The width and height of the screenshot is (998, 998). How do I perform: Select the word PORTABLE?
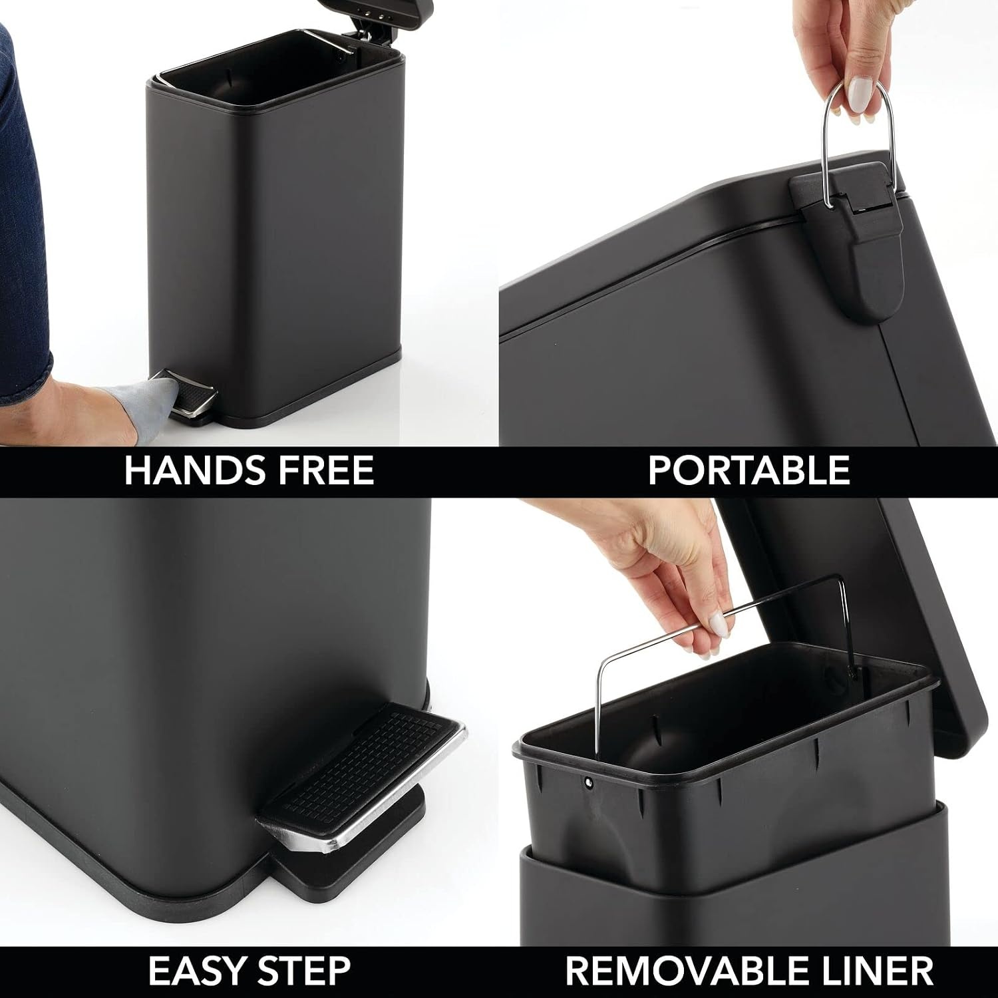click(749, 470)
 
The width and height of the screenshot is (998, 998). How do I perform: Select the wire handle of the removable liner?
click(725, 632)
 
